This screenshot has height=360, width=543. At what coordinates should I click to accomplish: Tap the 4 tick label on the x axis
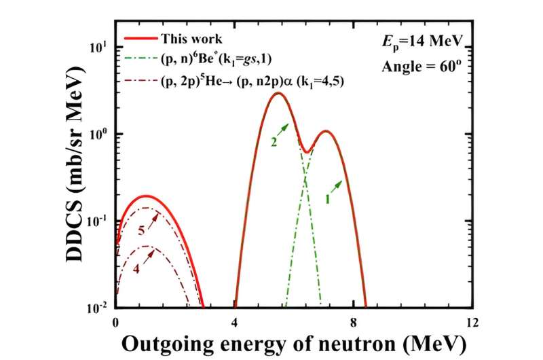coord(235,321)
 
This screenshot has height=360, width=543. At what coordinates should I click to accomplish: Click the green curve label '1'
coord(326,200)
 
